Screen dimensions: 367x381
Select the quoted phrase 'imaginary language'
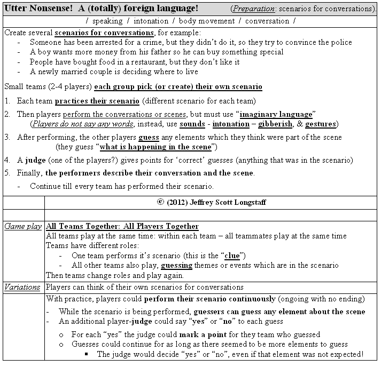tap(276, 114)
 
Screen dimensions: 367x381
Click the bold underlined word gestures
tap(320, 124)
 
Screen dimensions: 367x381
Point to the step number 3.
tap(7, 137)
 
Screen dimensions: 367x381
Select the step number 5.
tap(7, 173)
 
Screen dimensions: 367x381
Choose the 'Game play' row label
tap(23, 226)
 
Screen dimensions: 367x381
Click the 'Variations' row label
tap(23, 287)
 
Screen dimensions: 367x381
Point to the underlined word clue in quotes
tap(231, 256)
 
